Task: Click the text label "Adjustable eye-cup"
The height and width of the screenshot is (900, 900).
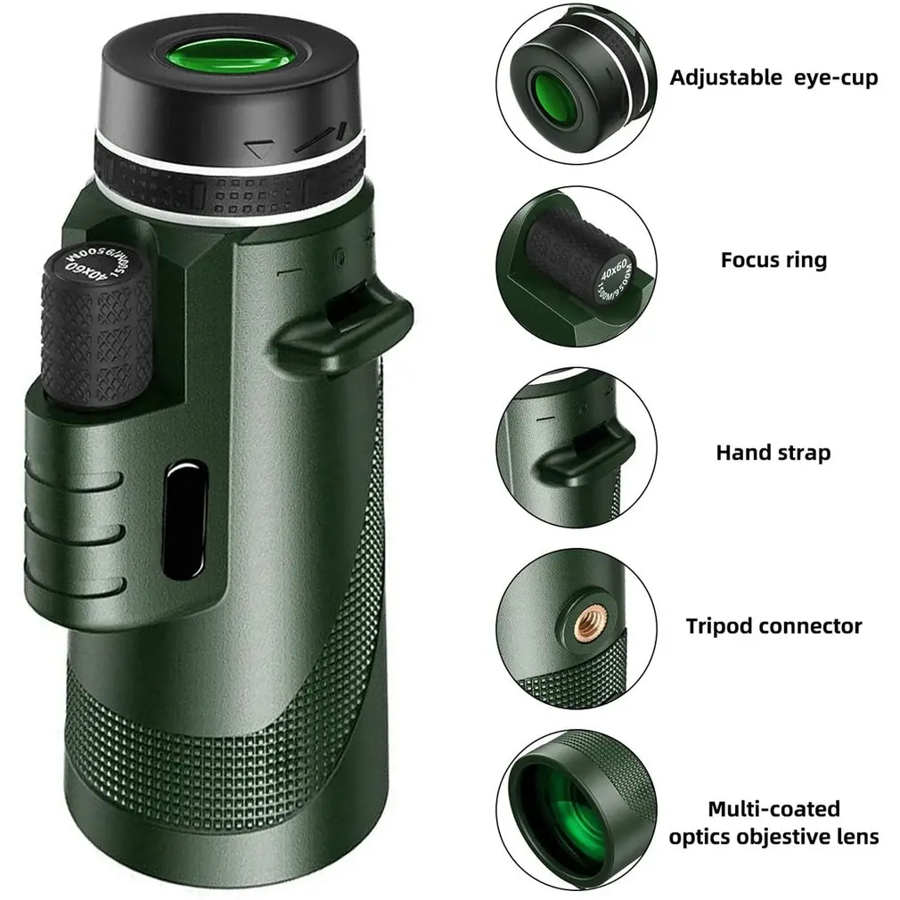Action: (773, 78)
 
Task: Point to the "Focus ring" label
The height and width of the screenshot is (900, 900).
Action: (773, 260)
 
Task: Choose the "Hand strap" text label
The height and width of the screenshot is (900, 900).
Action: (773, 453)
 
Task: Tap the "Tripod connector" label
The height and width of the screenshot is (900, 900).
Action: (773, 626)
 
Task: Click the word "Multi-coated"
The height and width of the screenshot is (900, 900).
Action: (773, 809)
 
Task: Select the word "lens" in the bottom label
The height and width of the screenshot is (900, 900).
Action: (861, 837)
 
